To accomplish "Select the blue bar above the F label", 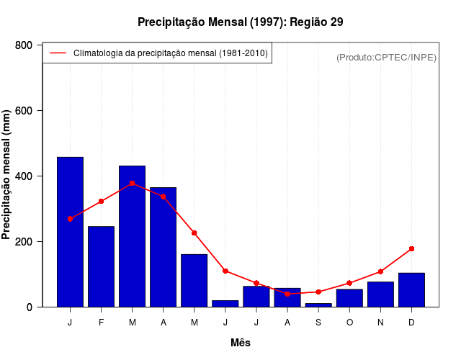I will [x=101, y=266].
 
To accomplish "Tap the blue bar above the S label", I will [x=318, y=305].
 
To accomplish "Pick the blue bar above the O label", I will [x=349, y=298].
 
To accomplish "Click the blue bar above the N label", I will [x=380, y=294].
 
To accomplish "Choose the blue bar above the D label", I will [x=411, y=289].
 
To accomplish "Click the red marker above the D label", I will [x=411, y=248].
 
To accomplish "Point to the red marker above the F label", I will [x=101, y=201].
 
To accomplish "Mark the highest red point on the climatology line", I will [x=132, y=183].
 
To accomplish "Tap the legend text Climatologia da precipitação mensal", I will [x=170, y=53].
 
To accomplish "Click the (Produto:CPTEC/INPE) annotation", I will [x=386, y=57].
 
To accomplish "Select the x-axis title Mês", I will [x=240, y=343].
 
